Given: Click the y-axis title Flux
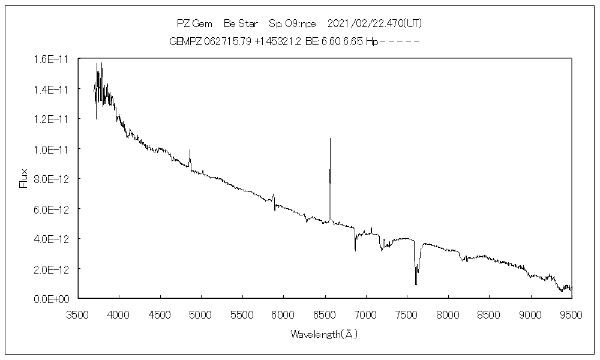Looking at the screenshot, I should (x=24, y=178).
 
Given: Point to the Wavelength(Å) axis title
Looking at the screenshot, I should (x=325, y=334).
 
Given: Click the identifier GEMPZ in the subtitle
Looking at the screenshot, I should (x=186, y=42).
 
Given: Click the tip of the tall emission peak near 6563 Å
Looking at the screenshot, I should (x=330, y=139).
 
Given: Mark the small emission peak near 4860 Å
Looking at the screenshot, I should (x=190, y=150).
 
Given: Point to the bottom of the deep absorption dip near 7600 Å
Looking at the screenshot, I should (x=415, y=284).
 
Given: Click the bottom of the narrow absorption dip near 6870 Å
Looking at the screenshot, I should (x=355, y=250).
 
